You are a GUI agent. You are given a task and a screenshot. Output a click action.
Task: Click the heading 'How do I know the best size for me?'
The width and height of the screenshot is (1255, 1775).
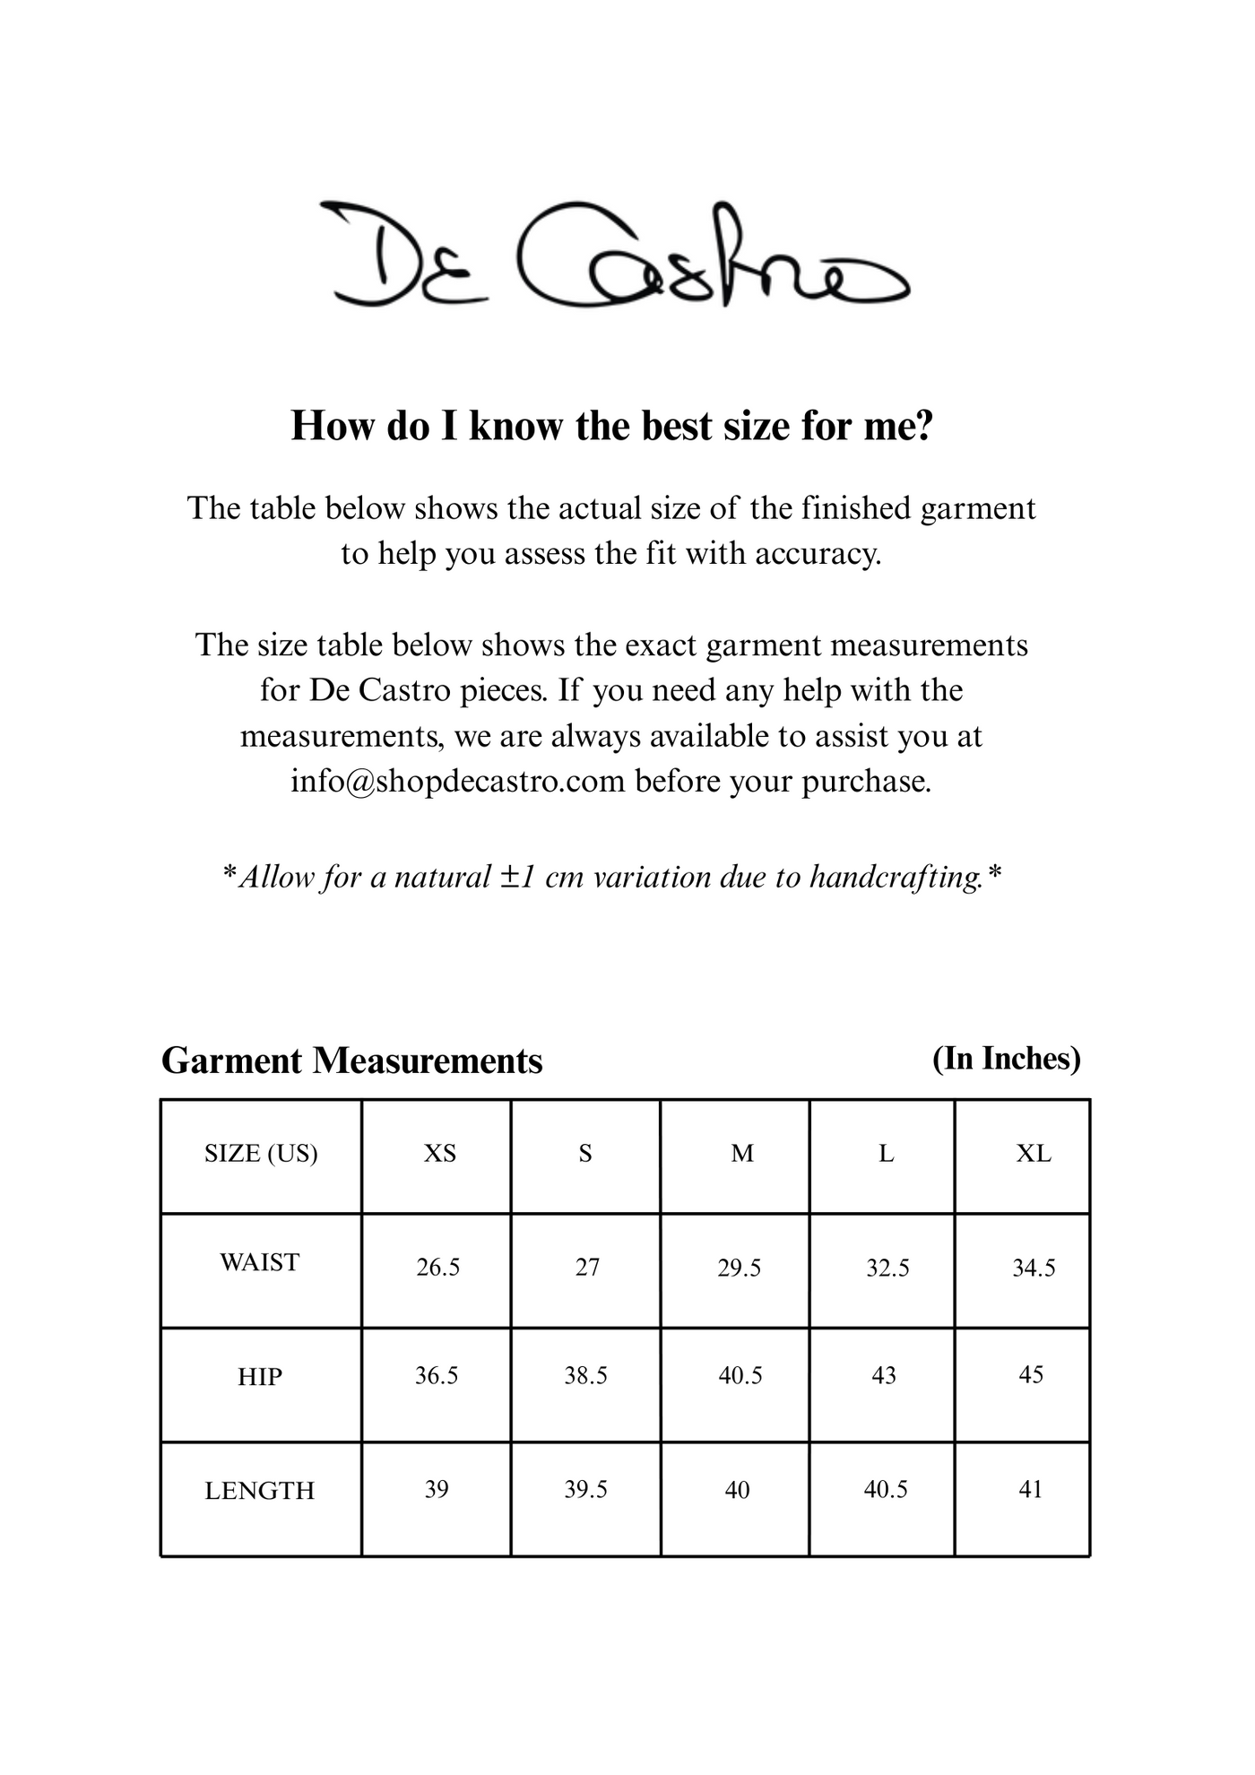pos(612,426)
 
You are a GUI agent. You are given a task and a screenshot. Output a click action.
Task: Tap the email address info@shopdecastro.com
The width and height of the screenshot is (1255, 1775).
pos(457,782)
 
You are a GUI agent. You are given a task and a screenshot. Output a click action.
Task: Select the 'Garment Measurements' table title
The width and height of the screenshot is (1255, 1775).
pos(351,1061)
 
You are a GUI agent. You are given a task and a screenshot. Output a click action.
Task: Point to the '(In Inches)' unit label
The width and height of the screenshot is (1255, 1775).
pos(1006,1059)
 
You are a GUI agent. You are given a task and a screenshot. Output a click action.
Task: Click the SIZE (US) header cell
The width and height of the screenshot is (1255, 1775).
pos(261,1154)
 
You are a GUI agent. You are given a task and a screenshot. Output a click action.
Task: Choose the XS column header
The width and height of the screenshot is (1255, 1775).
pos(439,1154)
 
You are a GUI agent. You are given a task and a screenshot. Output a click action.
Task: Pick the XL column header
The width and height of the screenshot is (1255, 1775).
pos(1033,1154)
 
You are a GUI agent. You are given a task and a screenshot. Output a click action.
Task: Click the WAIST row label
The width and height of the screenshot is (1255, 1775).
pos(259,1263)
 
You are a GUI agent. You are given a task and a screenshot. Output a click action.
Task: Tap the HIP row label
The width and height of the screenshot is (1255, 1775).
pos(260,1377)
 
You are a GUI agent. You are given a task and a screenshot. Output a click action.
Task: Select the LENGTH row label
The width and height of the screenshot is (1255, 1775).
pos(260,1491)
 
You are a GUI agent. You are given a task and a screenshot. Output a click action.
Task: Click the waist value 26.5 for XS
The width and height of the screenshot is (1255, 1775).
pos(437,1268)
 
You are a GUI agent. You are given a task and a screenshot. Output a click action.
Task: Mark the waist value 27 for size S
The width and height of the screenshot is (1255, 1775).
pos(587,1268)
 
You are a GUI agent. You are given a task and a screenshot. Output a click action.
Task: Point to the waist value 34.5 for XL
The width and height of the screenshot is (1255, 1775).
pos(1034,1268)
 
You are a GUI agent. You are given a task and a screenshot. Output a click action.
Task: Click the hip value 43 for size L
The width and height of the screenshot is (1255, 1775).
pos(884,1376)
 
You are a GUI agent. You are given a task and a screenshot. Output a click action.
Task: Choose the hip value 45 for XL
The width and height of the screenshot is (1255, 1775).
pos(1031,1375)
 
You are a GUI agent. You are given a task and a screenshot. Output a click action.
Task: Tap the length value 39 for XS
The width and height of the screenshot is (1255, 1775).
pos(437,1489)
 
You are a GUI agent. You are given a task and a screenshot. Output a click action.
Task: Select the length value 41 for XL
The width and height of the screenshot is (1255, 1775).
pos(1031,1489)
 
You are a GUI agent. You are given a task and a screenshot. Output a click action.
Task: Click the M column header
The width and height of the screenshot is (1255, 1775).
pos(742,1154)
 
